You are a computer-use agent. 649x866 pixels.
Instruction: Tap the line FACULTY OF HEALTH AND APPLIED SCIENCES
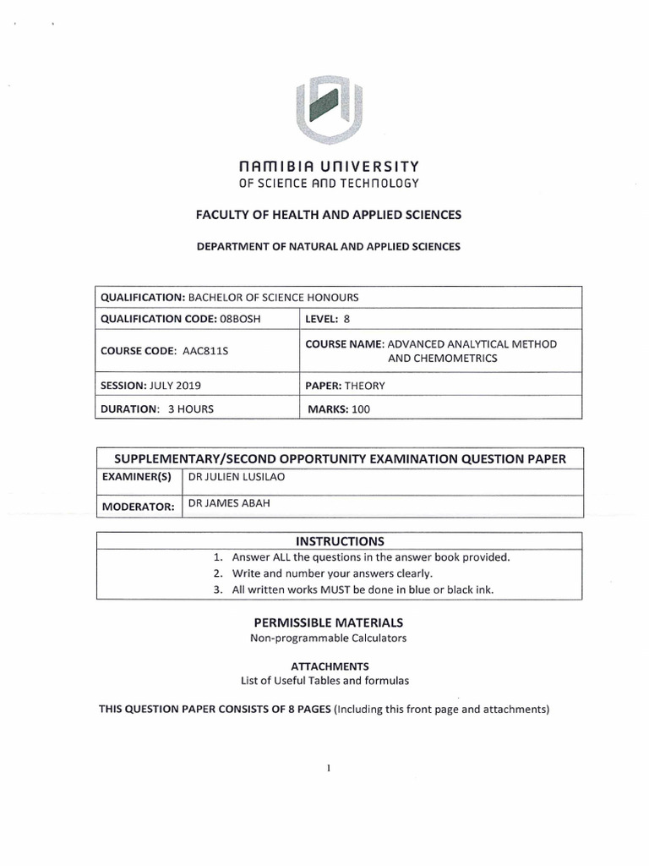(329, 215)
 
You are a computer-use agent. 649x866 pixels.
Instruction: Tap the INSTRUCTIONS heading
(340, 540)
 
